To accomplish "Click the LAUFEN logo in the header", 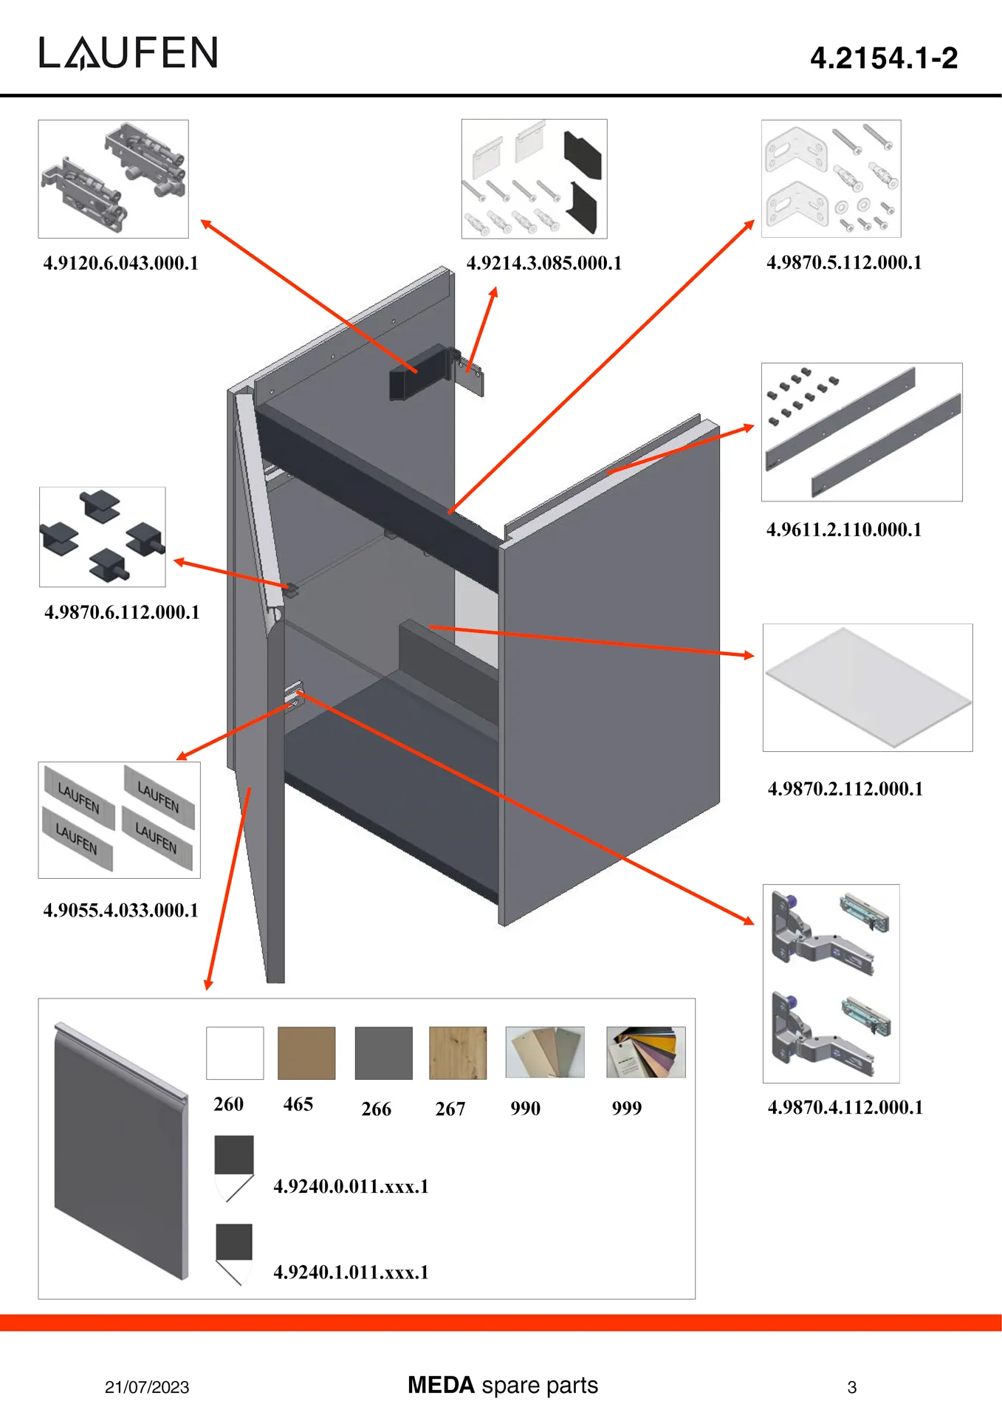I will tap(128, 53).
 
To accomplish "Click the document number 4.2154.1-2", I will tap(883, 58).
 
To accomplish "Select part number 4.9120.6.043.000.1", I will tap(121, 264).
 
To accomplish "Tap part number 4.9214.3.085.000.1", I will tap(544, 264).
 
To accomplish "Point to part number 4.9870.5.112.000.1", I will tap(844, 263).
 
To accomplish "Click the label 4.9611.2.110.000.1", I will tap(844, 530).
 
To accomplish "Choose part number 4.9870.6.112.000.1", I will tap(122, 612).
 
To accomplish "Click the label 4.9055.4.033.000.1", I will tap(121, 910).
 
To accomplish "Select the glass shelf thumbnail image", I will tap(868, 688).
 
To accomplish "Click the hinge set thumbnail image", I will tap(831, 983).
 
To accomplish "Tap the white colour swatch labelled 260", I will tap(235, 1052).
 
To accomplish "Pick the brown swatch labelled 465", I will tap(306, 1052).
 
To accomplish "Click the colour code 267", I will tap(450, 1109).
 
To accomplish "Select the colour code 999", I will tap(627, 1108).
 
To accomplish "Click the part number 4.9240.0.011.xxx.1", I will tap(351, 1186).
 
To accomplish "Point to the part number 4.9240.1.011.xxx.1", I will tap(351, 1272).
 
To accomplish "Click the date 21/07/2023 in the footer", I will tap(147, 1387).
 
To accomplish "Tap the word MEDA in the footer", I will tap(441, 1385).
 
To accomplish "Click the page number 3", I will tap(851, 1387).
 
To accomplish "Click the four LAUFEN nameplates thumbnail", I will tap(119, 820).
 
